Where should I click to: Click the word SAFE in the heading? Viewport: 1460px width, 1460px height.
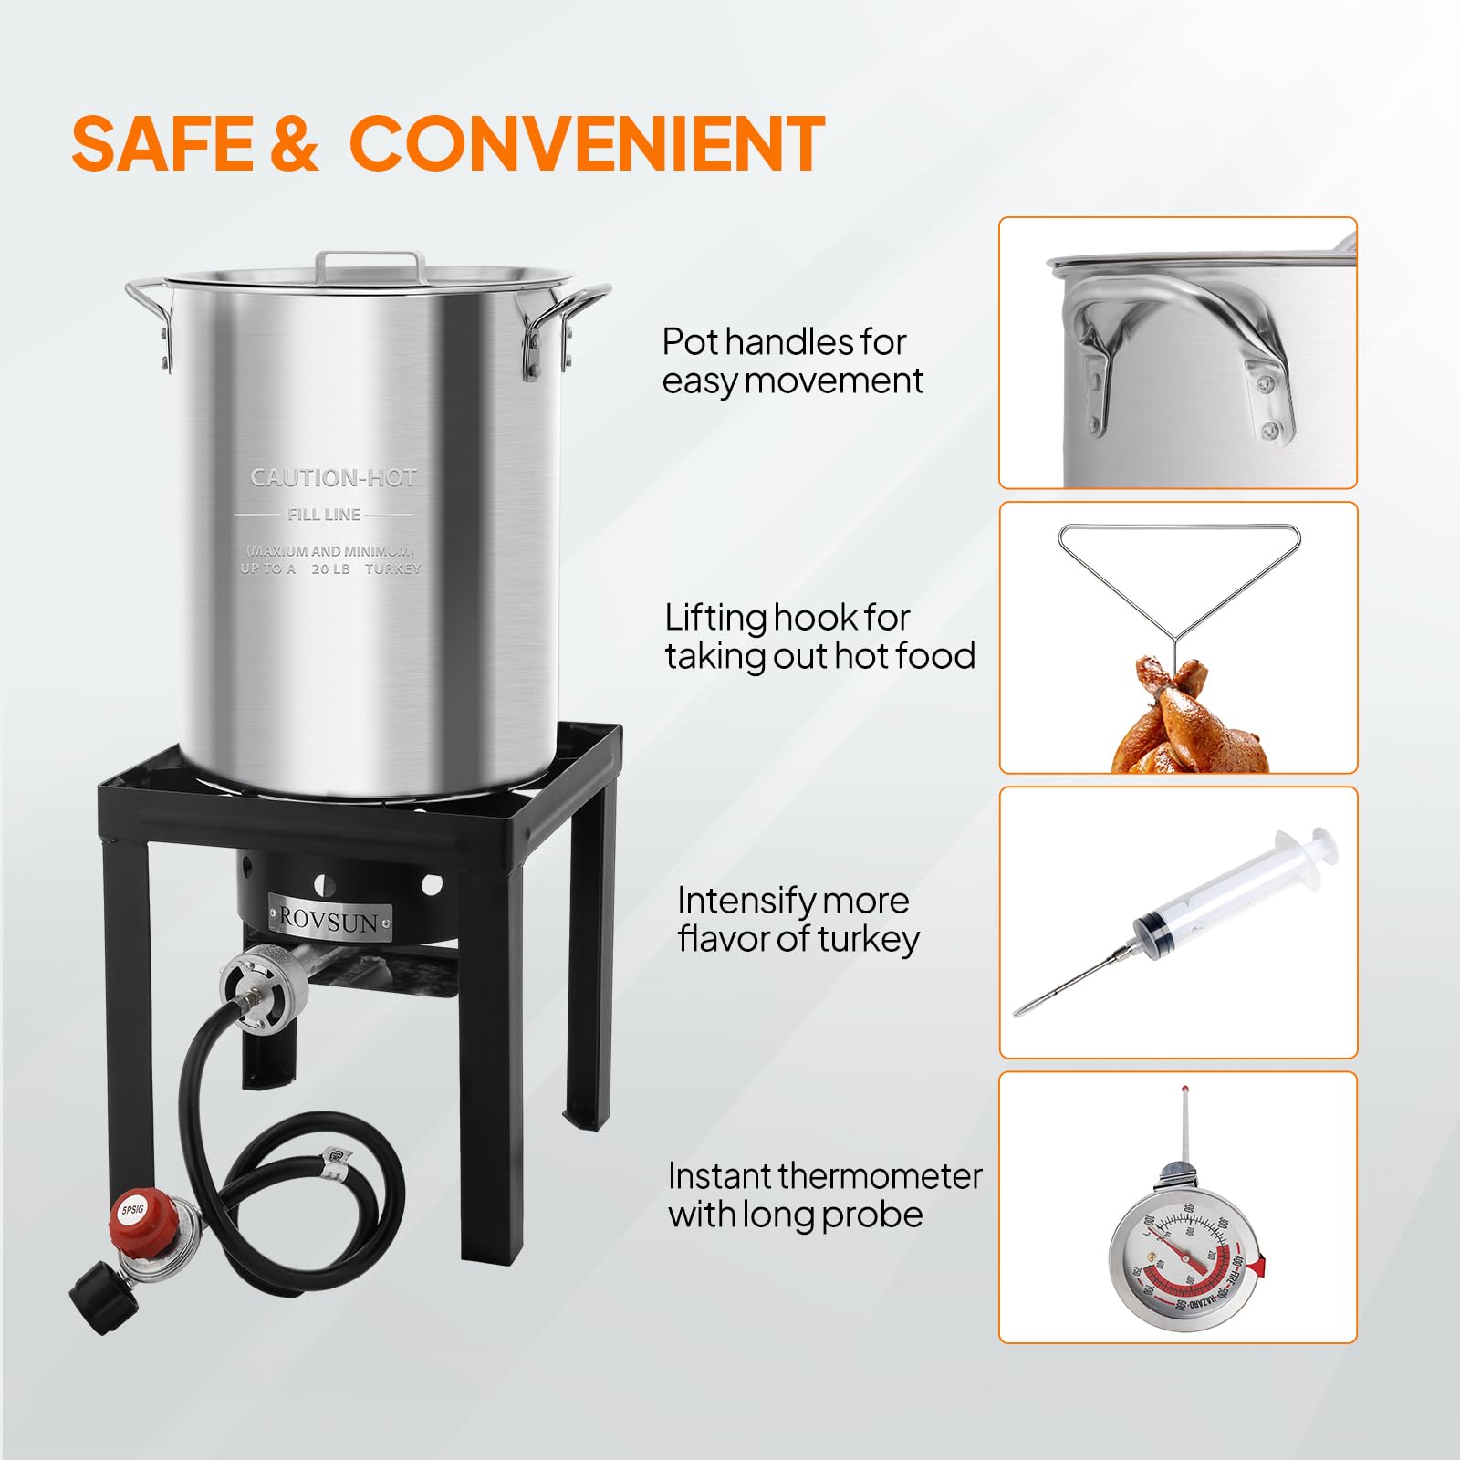(162, 143)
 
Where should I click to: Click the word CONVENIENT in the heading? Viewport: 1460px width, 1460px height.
(587, 143)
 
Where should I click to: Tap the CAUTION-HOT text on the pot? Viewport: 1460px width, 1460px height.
(333, 477)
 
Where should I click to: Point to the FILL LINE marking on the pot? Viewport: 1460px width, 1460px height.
(324, 515)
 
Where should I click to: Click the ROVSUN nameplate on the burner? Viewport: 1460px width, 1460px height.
(329, 920)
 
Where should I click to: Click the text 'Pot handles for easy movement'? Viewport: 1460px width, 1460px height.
(790, 361)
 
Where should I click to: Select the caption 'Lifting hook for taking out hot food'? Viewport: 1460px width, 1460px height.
(819, 637)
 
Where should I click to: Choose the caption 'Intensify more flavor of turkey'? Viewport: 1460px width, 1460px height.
(796, 920)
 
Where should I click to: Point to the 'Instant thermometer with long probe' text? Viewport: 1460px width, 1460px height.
(823, 1195)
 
